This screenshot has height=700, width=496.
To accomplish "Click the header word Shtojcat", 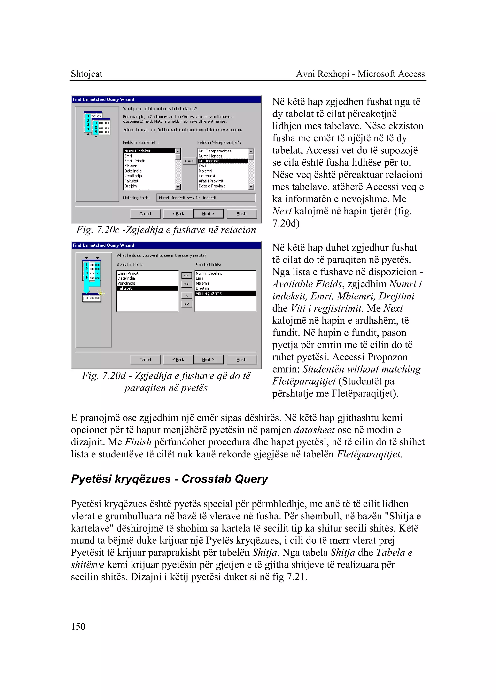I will [x=86, y=74].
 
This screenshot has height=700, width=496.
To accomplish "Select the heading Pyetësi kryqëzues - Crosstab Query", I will [x=169, y=479].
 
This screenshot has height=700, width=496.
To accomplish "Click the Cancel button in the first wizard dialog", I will [x=145, y=214].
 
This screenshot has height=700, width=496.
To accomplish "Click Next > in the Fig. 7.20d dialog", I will [x=208, y=360].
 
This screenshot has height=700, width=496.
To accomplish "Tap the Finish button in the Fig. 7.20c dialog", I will [x=241, y=214].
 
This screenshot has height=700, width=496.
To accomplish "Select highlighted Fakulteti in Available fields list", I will [x=147, y=288].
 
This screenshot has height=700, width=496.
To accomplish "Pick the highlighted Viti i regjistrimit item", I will [x=225, y=293].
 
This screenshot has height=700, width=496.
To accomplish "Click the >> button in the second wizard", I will [x=187, y=284].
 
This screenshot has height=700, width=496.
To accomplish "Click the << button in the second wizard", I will [x=187, y=304].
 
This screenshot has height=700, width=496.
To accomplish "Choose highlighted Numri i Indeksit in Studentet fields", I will [x=149, y=151].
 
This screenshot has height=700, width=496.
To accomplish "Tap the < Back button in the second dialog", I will [x=178, y=360].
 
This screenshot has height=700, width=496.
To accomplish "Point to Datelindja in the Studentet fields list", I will [x=133, y=171].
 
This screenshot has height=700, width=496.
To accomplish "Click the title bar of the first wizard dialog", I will [x=166, y=99].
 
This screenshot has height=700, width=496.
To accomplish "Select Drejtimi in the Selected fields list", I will [x=202, y=288].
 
